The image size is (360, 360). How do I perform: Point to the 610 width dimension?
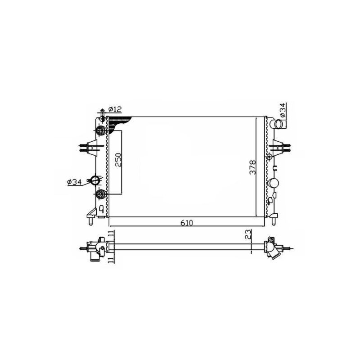click(185, 222)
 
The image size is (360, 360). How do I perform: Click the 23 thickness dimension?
click(248, 234)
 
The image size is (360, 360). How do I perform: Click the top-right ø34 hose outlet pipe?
click(279, 122)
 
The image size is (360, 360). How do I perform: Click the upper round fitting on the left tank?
click(101, 131)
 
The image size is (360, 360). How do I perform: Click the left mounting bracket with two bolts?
click(89, 147)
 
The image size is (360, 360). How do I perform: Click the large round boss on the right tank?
click(274, 183)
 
